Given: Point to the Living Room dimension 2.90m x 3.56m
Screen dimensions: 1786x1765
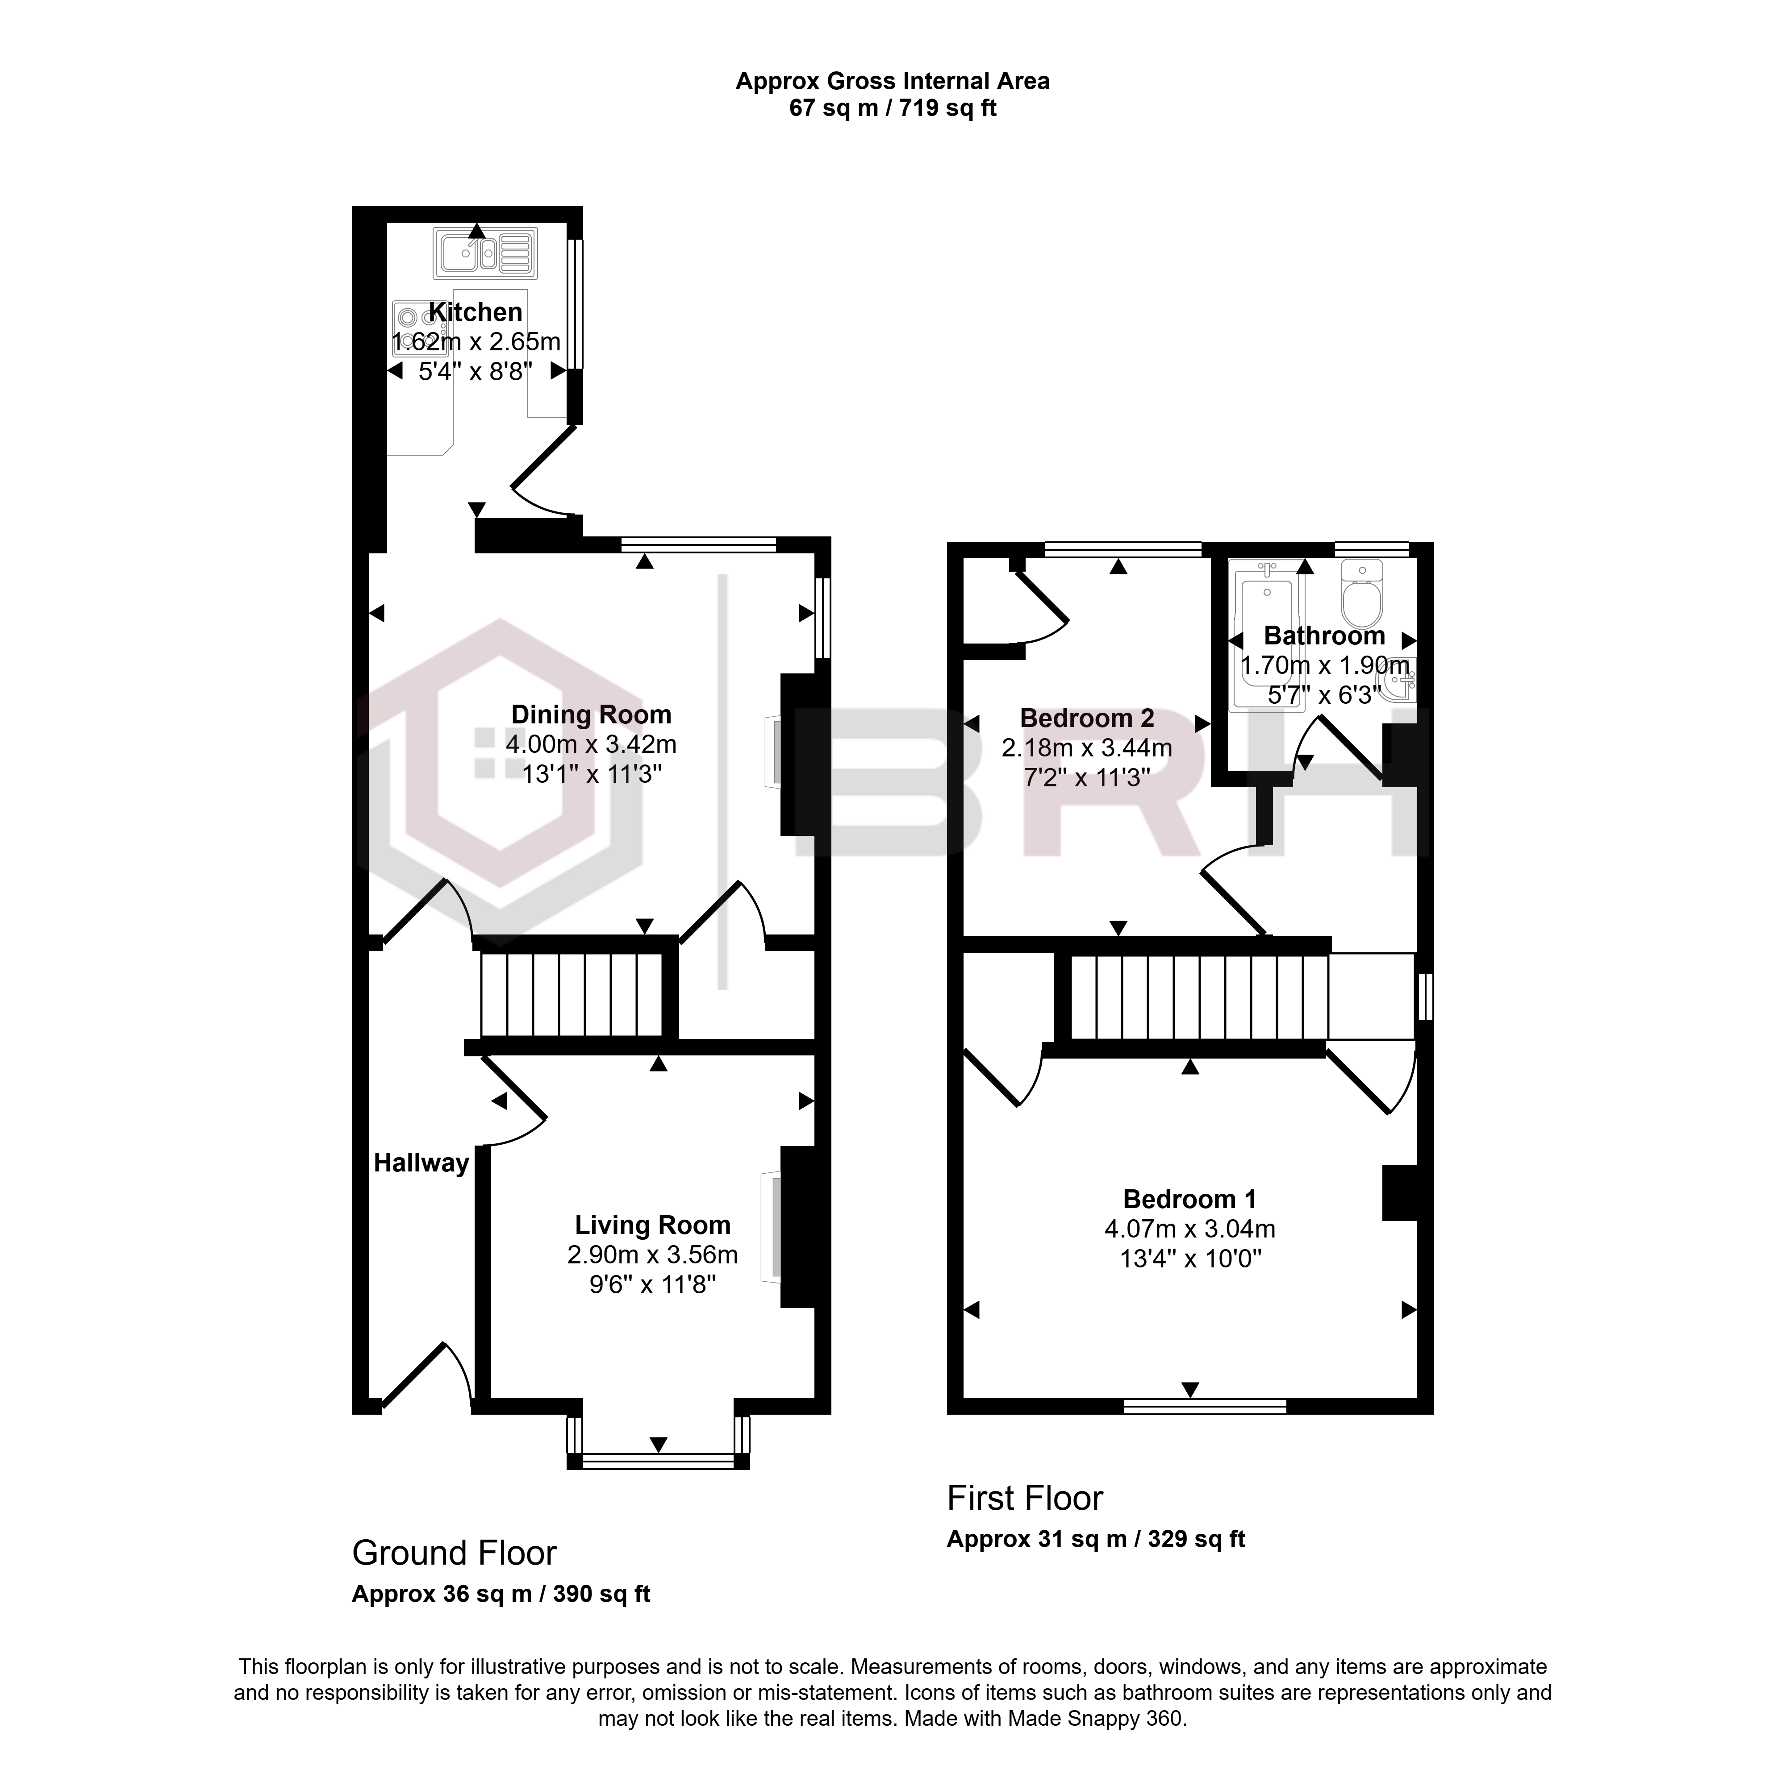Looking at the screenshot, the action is (x=653, y=1255).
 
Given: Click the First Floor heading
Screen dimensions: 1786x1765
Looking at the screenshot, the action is (x=1025, y=1498).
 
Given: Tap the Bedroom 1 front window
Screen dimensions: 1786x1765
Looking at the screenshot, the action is (x=1205, y=1407).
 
